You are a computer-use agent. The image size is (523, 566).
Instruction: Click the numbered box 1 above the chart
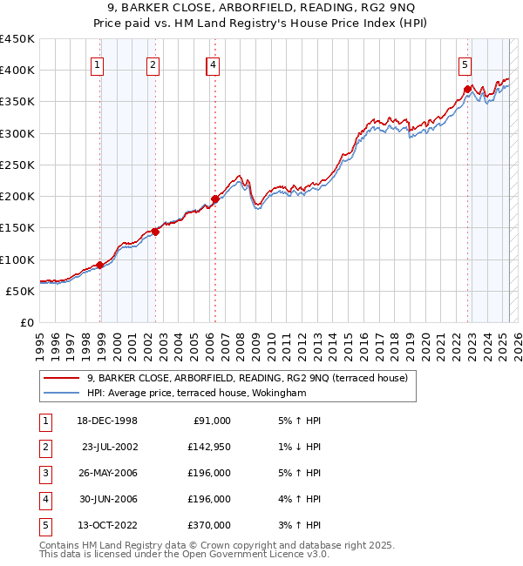point(96,64)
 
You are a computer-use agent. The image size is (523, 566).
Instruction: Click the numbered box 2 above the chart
point(153,64)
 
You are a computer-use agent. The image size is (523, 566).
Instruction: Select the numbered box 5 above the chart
point(465,64)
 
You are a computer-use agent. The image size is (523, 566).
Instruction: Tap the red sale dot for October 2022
point(468,89)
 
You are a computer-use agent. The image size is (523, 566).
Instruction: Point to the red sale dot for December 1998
point(100,265)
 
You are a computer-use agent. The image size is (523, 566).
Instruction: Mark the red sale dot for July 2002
point(156,232)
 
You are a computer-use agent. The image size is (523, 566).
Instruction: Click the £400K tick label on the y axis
point(17,71)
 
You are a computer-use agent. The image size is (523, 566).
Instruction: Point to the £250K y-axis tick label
point(17,165)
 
